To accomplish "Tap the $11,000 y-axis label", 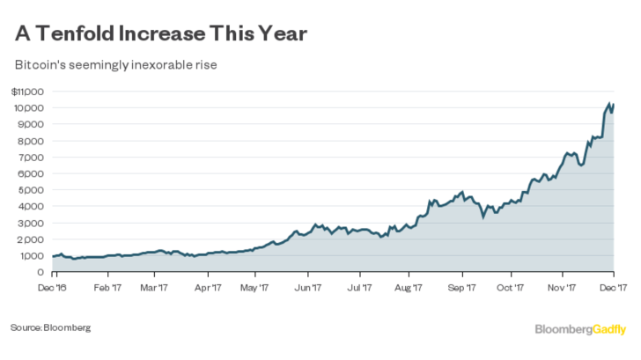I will point(28,92).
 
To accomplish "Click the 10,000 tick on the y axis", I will point(30,108).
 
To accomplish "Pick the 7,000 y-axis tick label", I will point(32,158).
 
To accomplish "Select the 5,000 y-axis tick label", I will point(32,190).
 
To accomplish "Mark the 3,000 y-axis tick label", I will point(32,224).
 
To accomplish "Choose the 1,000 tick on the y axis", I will point(32,256).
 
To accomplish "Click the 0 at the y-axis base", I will point(39,273).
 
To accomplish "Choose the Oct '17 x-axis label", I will point(512,286).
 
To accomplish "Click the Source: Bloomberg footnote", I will point(50,327).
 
